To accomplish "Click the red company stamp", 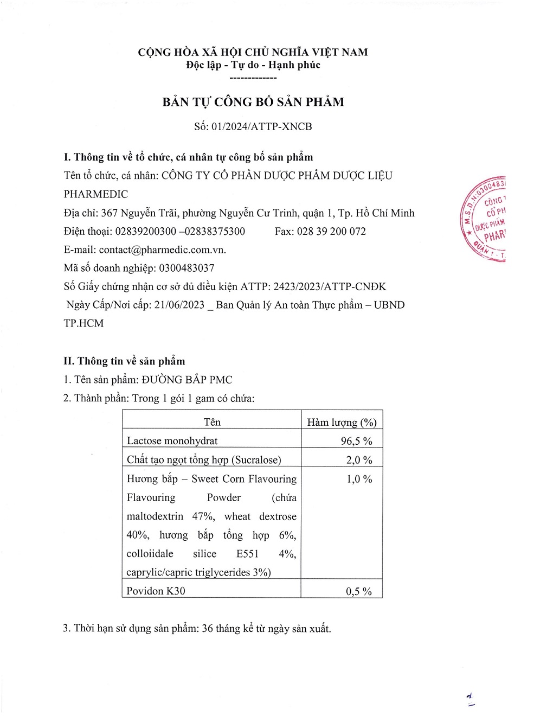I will click(x=484, y=220).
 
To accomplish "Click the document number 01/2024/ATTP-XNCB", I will click(x=262, y=126).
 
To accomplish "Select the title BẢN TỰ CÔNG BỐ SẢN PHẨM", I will click(x=253, y=102).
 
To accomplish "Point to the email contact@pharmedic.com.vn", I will click(x=162, y=250).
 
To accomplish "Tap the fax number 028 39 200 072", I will click(x=331, y=231).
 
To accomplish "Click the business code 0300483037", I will click(x=187, y=268).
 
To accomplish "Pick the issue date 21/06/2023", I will click(x=179, y=305).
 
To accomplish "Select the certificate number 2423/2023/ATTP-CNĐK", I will click(x=330, y=286).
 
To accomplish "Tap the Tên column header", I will click(x=212, y=422).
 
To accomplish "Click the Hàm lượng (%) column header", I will click(x=342, y=422).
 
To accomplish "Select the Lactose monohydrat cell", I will click(x=172, y=440).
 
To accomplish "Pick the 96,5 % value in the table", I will click(x=356, y=441).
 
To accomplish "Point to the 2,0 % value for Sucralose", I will click(x=359, y=460).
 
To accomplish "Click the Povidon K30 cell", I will click(x=156, y=591).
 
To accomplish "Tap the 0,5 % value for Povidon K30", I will click(x=359, y=591).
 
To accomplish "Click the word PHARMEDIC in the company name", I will click(x=96, y=194).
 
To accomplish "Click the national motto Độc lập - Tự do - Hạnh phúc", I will click(x=253, y=65).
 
